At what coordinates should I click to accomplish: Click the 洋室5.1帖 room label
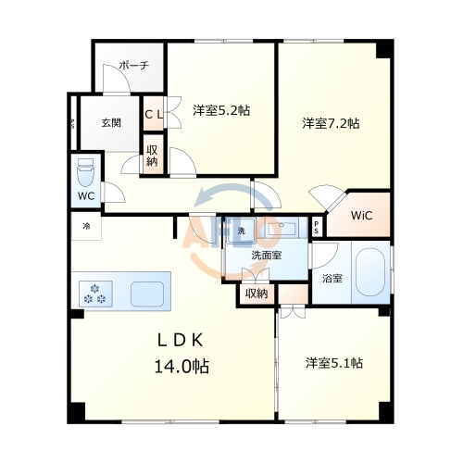point(333,362)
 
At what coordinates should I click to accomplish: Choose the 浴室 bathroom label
point(331,276)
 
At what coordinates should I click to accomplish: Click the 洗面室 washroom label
point(267,255)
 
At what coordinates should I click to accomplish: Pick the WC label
point(85,197)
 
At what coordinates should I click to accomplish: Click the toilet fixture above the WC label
point(85,170)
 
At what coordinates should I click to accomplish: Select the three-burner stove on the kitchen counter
point(95,293)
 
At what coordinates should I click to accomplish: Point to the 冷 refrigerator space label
point(86,227)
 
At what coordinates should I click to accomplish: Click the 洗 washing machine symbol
point(242,231)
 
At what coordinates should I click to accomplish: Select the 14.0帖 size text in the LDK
point(181,367)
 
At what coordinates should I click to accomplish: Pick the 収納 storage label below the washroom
point(257,294)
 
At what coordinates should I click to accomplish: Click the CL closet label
point(154,114)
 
